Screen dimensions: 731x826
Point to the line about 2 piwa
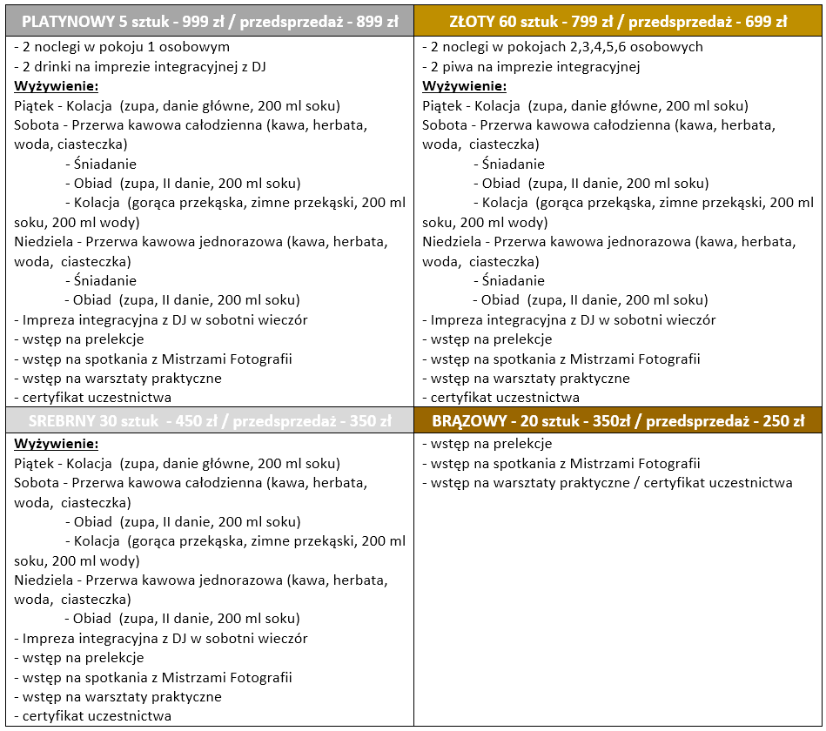tap(531, 66)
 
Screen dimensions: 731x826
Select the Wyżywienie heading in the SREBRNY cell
tap(57, 444)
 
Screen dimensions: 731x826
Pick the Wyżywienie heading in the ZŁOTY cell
tap(464, 86)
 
